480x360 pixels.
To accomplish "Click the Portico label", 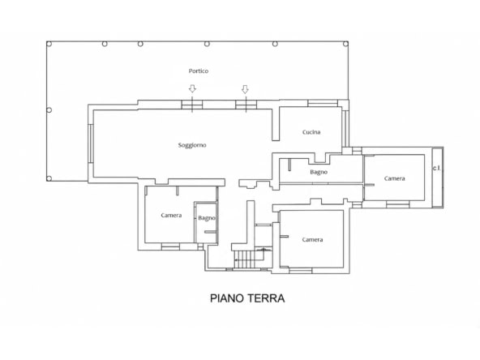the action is [x=199, y=71].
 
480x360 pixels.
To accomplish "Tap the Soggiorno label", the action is [x=192, y=145].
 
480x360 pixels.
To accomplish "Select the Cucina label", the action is [x=311, y=132].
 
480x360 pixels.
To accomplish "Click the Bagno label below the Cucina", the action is [x=319, y=172].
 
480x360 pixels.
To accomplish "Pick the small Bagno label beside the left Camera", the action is [x=207, y=218].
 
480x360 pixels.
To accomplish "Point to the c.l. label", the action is [x=437, y=168].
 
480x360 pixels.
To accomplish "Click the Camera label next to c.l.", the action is [x=395, y=178].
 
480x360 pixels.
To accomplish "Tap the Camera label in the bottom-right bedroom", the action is [x=312, y=240].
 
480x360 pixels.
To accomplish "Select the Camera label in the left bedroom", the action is [x=171, y=215].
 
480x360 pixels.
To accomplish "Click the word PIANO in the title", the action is [x=226, y=298].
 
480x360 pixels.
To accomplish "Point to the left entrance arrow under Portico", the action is [x=192, y=88].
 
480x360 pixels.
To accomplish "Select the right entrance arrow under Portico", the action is [x=245, y=89].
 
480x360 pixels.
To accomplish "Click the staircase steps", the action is [x=244, y=259].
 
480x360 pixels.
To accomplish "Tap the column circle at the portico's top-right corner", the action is [x=345, y=44].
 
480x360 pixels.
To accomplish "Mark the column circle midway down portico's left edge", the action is [x=49, y=110].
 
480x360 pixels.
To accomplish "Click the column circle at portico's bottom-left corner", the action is [x=49, y=178].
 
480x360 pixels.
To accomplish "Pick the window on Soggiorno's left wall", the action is [x=91, y=144].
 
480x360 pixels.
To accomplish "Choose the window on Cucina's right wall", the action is [x=345, y=129].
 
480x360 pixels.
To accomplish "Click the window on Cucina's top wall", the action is [x=323, y=103].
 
